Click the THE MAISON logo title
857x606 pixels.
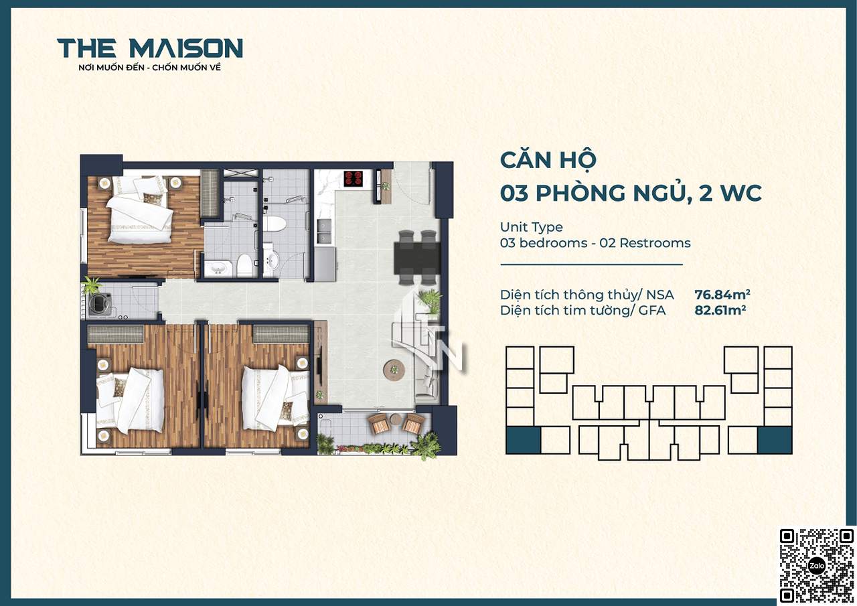(150, 48)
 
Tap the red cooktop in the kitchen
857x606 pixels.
(353, 178)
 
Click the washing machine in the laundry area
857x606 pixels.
(100, 305)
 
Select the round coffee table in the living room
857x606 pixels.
(394, 369)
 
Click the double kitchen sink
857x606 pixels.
(323, 232)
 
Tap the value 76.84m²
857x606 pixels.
(722, 295)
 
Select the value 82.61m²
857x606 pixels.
(720, 310)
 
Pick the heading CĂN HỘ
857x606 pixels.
(548, 160)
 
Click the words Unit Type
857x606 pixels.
(532, 227)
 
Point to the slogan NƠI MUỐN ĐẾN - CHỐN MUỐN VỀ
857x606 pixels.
(149, 68)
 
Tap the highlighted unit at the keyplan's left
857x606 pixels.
(523, 441)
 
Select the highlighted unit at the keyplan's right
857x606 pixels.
(775, 441)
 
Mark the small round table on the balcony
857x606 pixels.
(395, 419)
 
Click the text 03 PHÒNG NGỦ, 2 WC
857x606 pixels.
(631, 194)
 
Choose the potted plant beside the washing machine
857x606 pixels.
(91, 285)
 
